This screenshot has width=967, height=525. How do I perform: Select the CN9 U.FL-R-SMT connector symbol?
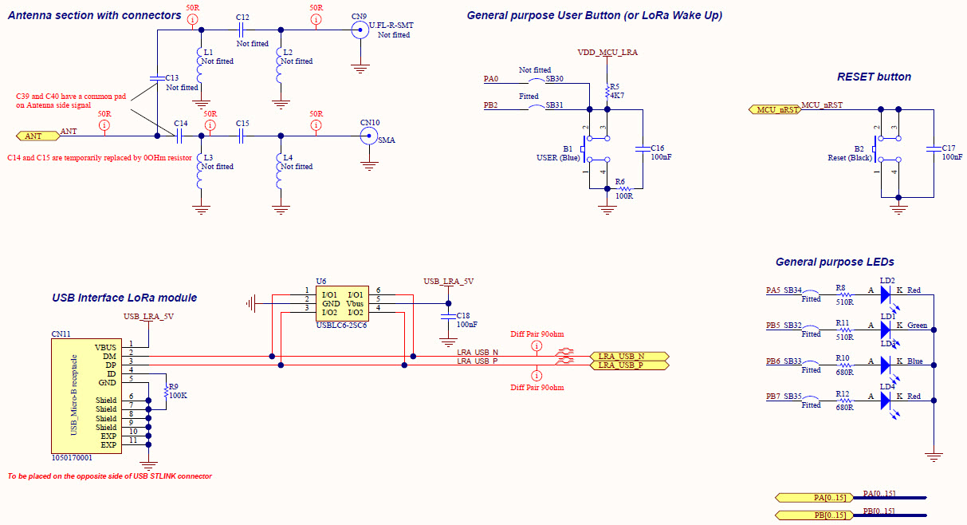point(360,31)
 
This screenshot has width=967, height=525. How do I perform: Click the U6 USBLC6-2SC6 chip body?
point(342,302)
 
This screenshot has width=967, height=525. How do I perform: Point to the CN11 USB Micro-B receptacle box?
point(87,396)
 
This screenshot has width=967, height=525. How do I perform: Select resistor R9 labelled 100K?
point(165,391)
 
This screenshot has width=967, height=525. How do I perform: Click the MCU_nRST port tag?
point(775,109)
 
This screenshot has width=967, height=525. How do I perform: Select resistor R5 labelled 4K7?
point(607,90)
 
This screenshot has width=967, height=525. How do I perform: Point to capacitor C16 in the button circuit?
point(642,148)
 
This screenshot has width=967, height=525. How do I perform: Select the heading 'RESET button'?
point(874,77)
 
